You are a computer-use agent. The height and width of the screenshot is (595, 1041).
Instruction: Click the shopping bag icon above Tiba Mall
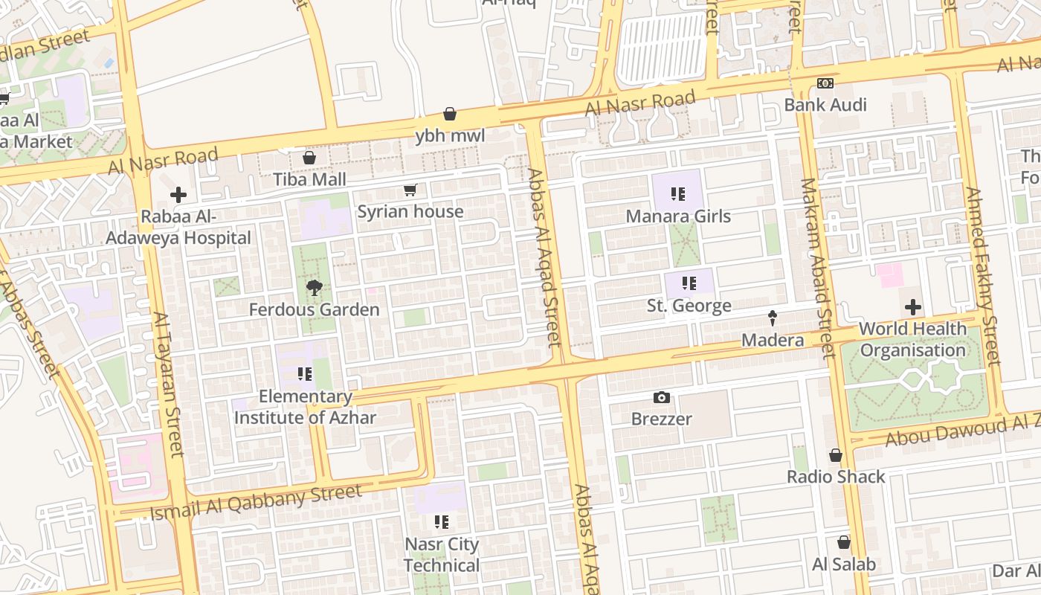(309, 158)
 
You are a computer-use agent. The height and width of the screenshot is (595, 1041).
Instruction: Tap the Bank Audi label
(825, 105)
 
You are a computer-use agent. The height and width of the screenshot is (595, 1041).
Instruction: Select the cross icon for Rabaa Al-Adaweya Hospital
(178, 196)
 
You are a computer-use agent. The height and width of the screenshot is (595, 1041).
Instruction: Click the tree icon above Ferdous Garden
(314, 288)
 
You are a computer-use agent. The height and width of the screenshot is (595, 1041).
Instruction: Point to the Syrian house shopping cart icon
(410, 190)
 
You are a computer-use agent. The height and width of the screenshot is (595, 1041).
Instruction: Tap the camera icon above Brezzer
(661, 397)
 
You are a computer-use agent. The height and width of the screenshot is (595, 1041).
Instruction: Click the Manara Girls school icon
(677, 195)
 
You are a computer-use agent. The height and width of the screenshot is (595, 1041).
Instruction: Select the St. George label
(689, 306)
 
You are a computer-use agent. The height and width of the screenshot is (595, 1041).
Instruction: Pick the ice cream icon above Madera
(773, 318)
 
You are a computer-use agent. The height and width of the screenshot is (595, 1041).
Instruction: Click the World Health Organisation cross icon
(912, 307)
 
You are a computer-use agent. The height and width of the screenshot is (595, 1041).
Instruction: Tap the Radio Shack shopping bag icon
(836, 455)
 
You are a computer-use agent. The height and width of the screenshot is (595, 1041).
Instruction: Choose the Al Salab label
(844, 565)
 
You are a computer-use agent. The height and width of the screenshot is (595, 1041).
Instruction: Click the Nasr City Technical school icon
(442, 522)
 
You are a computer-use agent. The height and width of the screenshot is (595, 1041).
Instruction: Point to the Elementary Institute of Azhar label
(305, 407)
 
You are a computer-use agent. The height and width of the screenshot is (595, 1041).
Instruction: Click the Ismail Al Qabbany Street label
(256, 502)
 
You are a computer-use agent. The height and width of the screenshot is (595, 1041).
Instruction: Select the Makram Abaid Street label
(817, 268)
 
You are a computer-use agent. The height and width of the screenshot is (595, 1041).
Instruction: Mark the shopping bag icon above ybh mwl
(450, 114)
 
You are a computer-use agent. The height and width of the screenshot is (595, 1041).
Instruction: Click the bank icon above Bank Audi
(825, 83)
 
